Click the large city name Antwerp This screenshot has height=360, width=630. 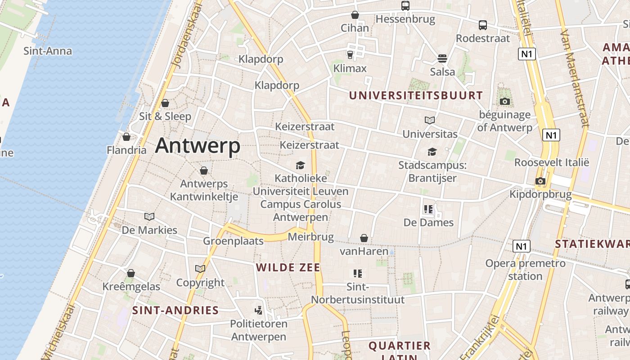[198, 146]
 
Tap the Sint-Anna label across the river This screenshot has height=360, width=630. [47, 51]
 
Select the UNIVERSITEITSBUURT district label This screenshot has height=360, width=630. [416, 95]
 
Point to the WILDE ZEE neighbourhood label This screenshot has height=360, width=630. [288, 268]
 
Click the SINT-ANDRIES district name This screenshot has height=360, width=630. [175, 310]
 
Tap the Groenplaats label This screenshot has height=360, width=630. [233, 241]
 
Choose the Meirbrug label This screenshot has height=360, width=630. [310, 237]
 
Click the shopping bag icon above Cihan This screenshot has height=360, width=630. [355, 15]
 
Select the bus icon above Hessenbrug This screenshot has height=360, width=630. [405, 6]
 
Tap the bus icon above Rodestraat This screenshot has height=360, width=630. [483, 25]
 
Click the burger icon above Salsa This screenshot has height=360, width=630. [442, 58]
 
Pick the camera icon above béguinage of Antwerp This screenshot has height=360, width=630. [504, 101]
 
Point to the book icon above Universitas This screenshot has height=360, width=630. [430, 120]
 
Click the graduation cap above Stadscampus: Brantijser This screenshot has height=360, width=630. [432, 152]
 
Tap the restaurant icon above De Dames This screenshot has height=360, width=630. [428, 209]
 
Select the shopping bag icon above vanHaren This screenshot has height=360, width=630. [364, 238]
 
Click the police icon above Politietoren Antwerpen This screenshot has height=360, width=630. [258, 310]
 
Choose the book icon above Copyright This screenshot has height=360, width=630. [200, 269]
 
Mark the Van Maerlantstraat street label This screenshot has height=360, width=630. [575, 79]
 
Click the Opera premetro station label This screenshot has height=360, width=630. [525, 270]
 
